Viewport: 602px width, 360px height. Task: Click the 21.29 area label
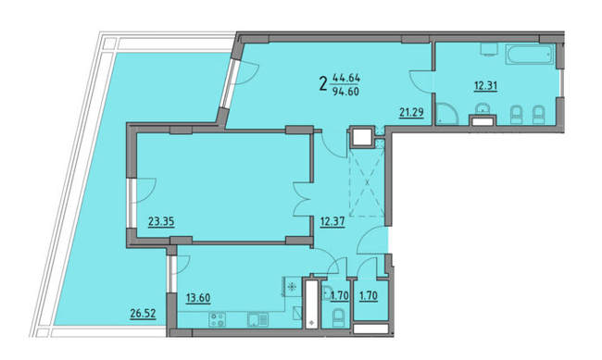tap(409, 114)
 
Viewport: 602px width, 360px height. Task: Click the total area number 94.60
tap(348, 90)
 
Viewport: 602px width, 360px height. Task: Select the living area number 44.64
tap(348, 78)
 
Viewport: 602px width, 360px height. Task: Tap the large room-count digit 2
tap(322, 84)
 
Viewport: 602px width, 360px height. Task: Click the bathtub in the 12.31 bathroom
tap(529, 56)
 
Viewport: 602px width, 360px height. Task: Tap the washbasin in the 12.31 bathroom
tap(482, 114)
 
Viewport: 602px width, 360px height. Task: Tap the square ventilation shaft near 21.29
tap(359, 139)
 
